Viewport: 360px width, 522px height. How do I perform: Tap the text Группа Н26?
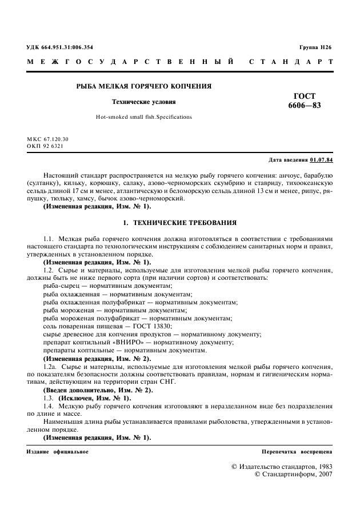coord(315,47)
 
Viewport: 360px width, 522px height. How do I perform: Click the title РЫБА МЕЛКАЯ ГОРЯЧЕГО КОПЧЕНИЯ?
coord(144,87)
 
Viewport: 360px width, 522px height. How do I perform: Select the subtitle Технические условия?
coord(143,102)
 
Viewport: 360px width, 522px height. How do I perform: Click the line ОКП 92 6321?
coord(45,146)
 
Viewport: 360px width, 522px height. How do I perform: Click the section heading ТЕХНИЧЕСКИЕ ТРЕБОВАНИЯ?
coord(184,222)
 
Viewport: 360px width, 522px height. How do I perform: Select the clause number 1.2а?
coord(50,366)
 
